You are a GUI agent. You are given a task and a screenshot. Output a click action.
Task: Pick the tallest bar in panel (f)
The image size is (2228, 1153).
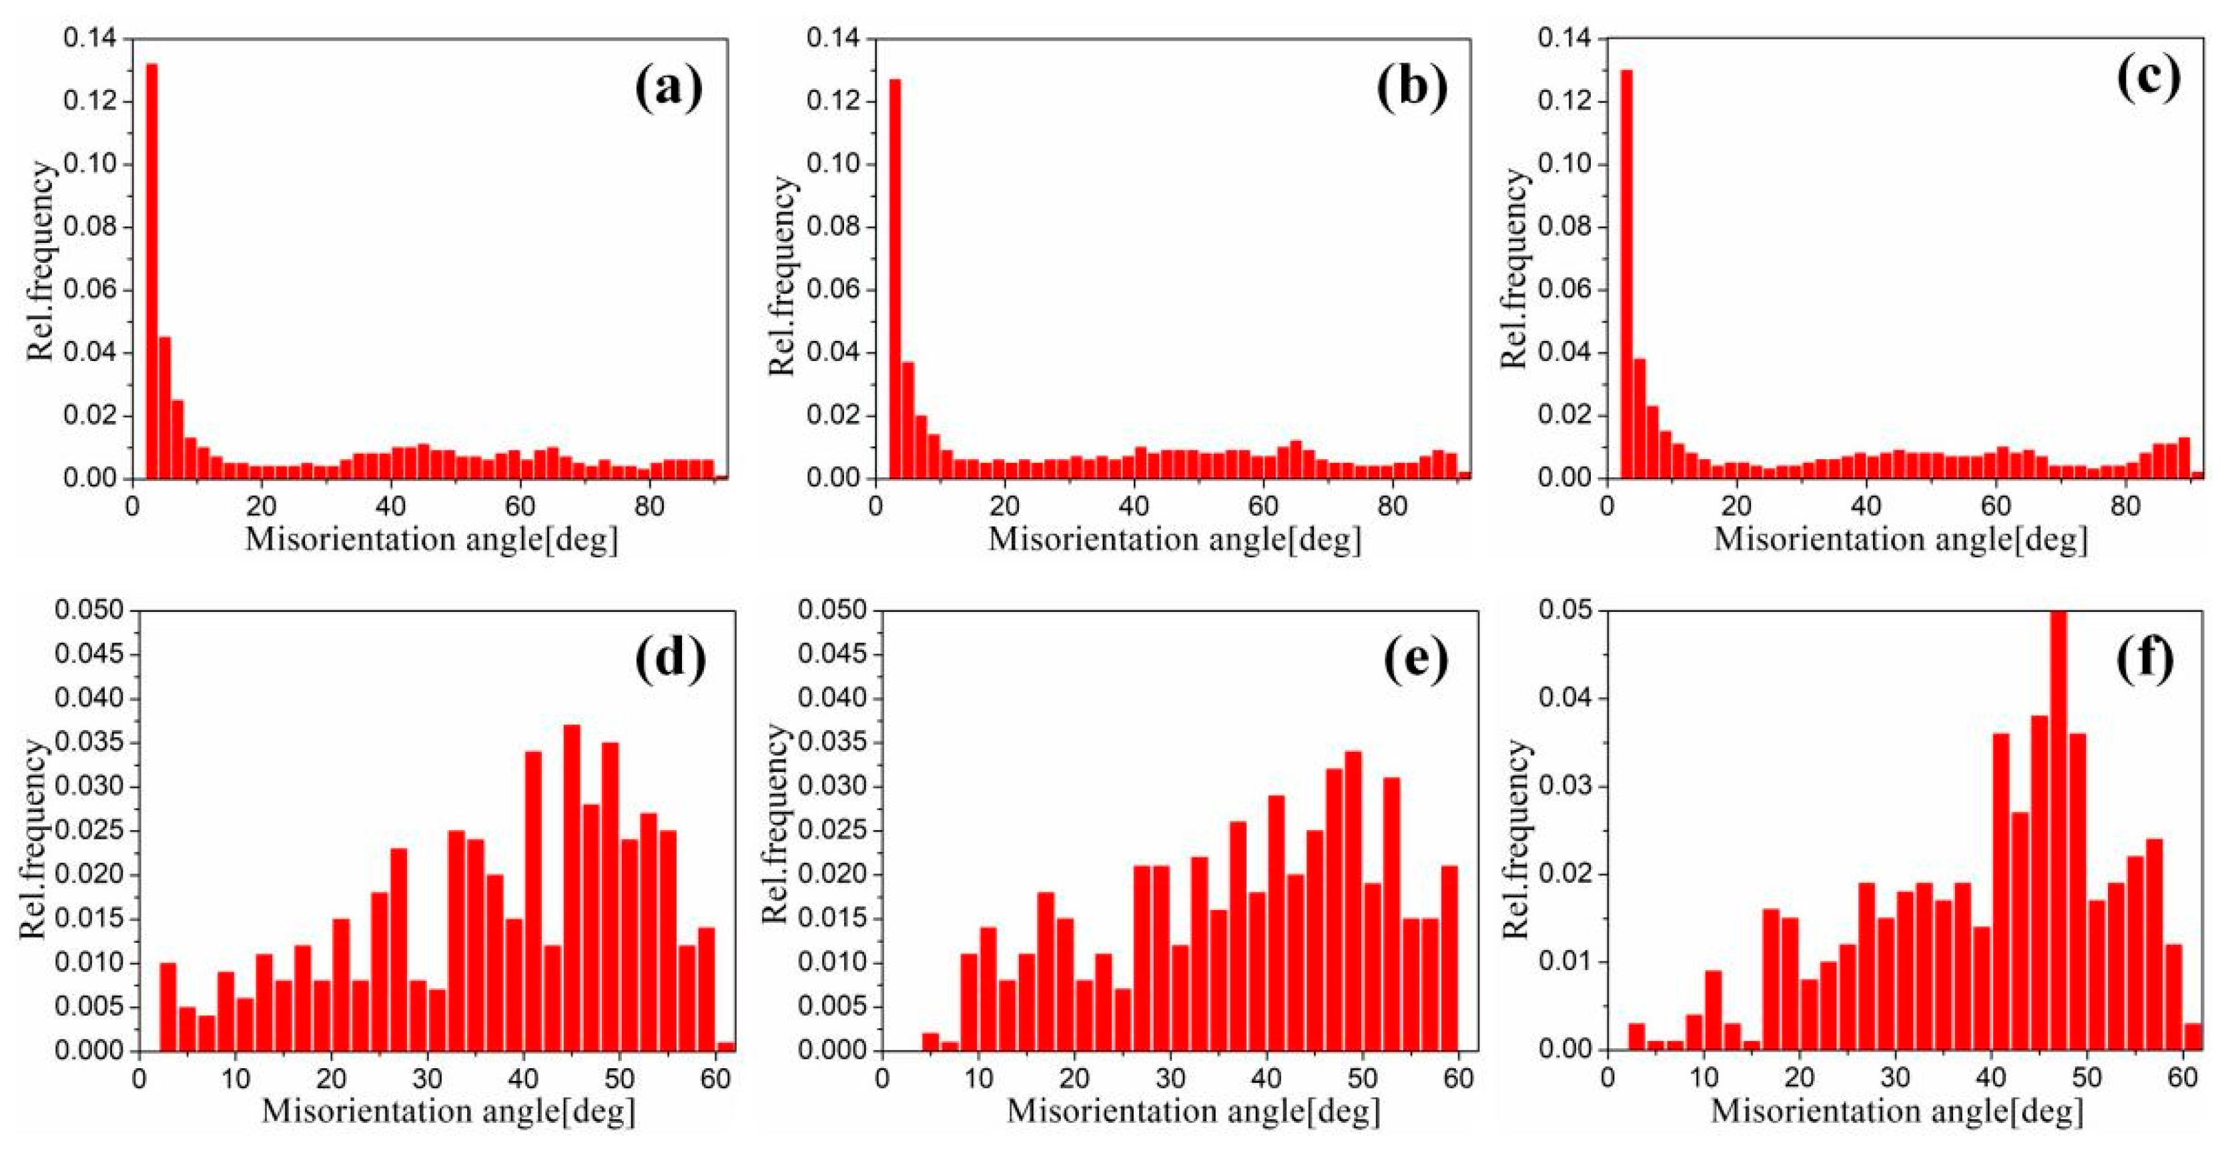click(2059, 830)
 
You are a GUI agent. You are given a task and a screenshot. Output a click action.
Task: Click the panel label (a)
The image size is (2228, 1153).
click(669, 89)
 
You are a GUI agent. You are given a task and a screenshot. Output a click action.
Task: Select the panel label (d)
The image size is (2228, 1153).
click(671, 660)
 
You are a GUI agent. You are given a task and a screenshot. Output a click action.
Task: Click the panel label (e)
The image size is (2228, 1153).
click(1416, 660)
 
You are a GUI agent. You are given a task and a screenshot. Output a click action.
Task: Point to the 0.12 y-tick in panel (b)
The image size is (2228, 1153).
click(834, 101)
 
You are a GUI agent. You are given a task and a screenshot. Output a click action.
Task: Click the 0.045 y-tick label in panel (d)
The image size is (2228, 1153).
click(90, 655)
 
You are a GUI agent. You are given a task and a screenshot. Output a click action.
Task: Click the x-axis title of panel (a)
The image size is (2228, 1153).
click(432, 540)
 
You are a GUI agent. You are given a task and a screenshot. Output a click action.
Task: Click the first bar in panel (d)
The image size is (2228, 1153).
click(167, 1007)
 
